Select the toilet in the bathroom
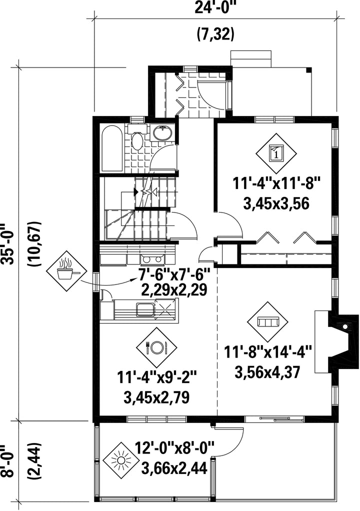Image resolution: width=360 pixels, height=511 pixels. pos(137,137)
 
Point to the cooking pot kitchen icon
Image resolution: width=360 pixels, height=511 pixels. pos(67,270)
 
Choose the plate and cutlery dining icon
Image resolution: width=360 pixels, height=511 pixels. pos(156,346)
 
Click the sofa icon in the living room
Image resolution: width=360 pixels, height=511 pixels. pos(267,322)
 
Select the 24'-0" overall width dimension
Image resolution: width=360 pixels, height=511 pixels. pos(215,7)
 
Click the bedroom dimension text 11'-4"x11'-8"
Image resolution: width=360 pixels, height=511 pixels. pos(277,183)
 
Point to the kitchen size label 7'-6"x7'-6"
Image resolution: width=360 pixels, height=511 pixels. pos(174,275)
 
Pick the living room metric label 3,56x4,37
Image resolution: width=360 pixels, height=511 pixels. pos(267,372)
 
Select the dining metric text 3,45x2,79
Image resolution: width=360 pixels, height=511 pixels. pos(156,397)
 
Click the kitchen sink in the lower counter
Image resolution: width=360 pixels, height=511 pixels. pos(145,309)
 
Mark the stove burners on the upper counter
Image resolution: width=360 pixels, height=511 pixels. pos(152,259)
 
